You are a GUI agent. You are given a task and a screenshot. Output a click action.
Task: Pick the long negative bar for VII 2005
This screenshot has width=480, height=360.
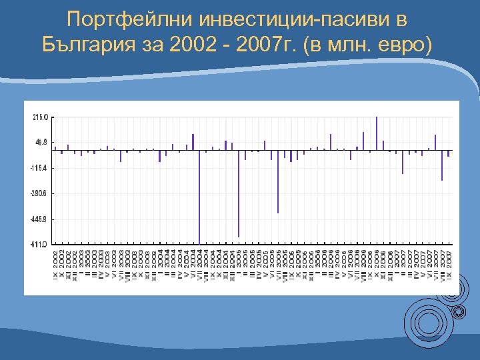[278, 181]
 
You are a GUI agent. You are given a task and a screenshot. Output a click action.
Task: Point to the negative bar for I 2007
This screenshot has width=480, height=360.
[403, 161]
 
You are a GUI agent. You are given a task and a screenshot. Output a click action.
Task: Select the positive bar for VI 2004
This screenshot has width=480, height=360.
[193, 142]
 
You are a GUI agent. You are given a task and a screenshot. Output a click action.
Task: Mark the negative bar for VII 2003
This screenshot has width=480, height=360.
[121, 155]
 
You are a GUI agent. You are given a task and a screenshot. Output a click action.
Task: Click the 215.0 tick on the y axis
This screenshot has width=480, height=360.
[41, 117]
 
